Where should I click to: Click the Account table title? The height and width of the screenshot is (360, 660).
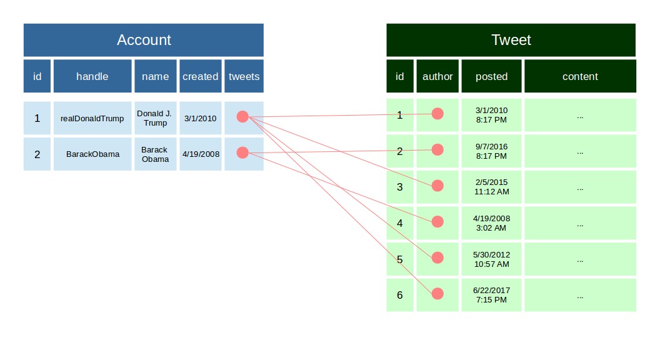coord(144,40)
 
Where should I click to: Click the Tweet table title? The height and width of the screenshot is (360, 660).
coord(511,40)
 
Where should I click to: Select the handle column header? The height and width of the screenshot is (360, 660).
coord(92,76)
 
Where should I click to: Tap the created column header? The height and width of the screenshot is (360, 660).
coord(201,76)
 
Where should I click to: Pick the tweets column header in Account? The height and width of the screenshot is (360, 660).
coord(244,76)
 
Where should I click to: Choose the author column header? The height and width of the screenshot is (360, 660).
coord(437,76)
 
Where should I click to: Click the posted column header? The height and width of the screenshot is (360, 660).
coord(491,76)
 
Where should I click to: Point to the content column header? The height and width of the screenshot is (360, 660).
coord(580,76)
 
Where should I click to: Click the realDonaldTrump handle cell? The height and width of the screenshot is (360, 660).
coord(92,118)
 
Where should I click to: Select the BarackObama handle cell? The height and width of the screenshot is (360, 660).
coord(92,154)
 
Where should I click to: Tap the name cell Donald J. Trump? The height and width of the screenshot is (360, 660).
coord(156,118)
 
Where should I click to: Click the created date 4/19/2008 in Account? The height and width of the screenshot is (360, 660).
coord(201,154)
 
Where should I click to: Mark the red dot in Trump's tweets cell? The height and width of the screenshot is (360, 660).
coord(242,117)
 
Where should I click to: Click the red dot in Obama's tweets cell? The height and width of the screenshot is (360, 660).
coord(242,152)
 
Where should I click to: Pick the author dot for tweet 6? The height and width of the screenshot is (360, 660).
coord(437,294)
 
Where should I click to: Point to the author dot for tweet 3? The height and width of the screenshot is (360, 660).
coord(437,186)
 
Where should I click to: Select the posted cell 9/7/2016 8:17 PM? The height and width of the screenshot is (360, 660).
coord(491,151)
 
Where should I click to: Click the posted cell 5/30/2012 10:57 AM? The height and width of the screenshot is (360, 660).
coord(491,259)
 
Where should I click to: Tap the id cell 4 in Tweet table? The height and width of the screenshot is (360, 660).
coord(400,223)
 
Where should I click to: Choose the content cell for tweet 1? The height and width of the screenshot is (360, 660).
coord(580,116)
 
